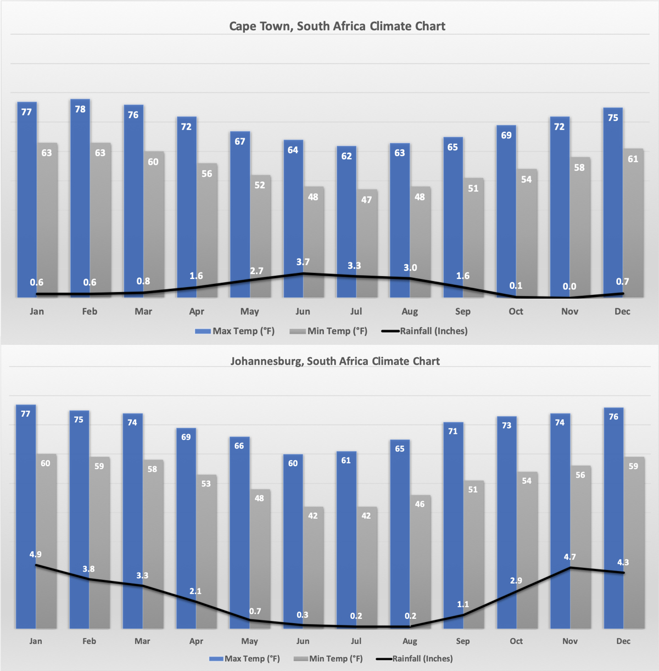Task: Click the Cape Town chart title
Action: pos(337,26)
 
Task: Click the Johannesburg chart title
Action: pos(335,361)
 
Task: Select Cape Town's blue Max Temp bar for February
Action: pos(80,198)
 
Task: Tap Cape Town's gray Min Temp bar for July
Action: pos(367,242)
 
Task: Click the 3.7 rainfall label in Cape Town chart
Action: pos(303,262)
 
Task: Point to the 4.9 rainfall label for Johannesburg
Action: pos(36,555)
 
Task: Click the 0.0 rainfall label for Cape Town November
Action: pos(569,286)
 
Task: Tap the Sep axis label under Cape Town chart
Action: pos(463,311)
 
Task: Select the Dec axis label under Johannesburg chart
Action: pos(623,641)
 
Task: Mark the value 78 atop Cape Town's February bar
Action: pos(80,109)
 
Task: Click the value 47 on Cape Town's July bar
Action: pos(367,200)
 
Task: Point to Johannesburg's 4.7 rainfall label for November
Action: pos(570,557)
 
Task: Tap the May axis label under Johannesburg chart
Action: pos(249,641)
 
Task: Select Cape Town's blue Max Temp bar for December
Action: pos(612,203)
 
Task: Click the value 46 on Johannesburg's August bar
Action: pos(420,504)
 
